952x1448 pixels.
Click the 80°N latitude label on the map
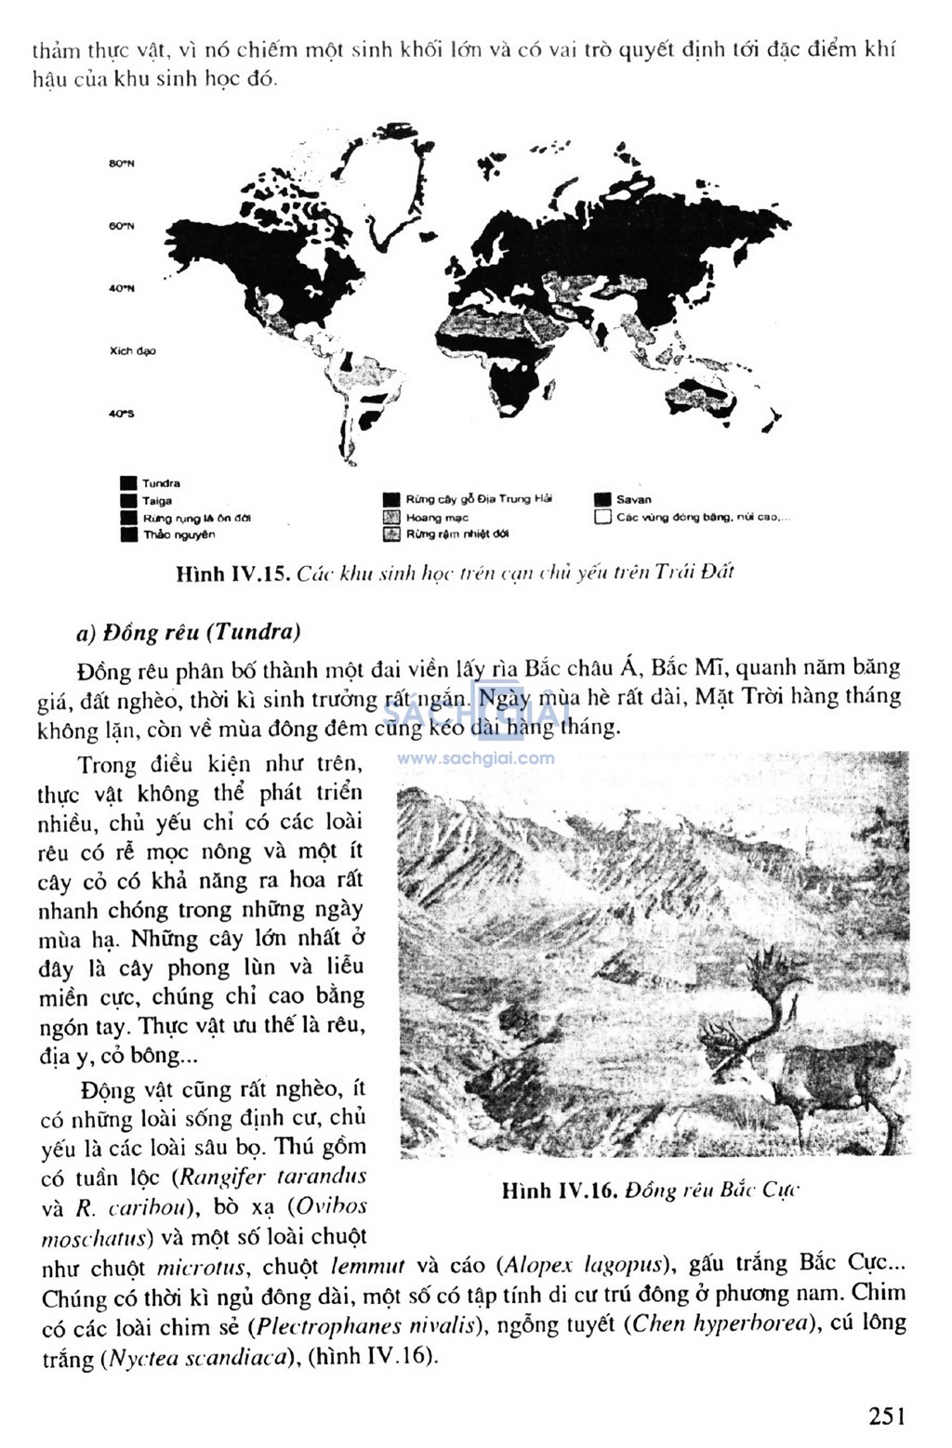click(x=122, y=164)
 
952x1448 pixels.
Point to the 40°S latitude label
click(x=122, y=414)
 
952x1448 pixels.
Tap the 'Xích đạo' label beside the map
click(x=132, y=351)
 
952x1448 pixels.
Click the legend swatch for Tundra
click(x=128, y=483)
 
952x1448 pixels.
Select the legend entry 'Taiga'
click(x=156, y=501)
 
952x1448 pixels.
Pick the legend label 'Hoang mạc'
click(x=437, y=518)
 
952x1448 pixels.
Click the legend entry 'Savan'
click(x=633, y=500)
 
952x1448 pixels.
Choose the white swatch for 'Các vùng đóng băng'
click(x=602, y=518)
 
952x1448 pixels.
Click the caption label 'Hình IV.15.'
click(x=233, y=573)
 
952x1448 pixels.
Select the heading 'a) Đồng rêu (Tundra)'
click(x=189, y=632)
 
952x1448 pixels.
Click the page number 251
click(x=887, y=1415)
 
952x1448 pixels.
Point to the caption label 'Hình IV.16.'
click(x=560, y=1191)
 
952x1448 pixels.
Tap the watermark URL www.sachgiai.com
click(x=475, y=757)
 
